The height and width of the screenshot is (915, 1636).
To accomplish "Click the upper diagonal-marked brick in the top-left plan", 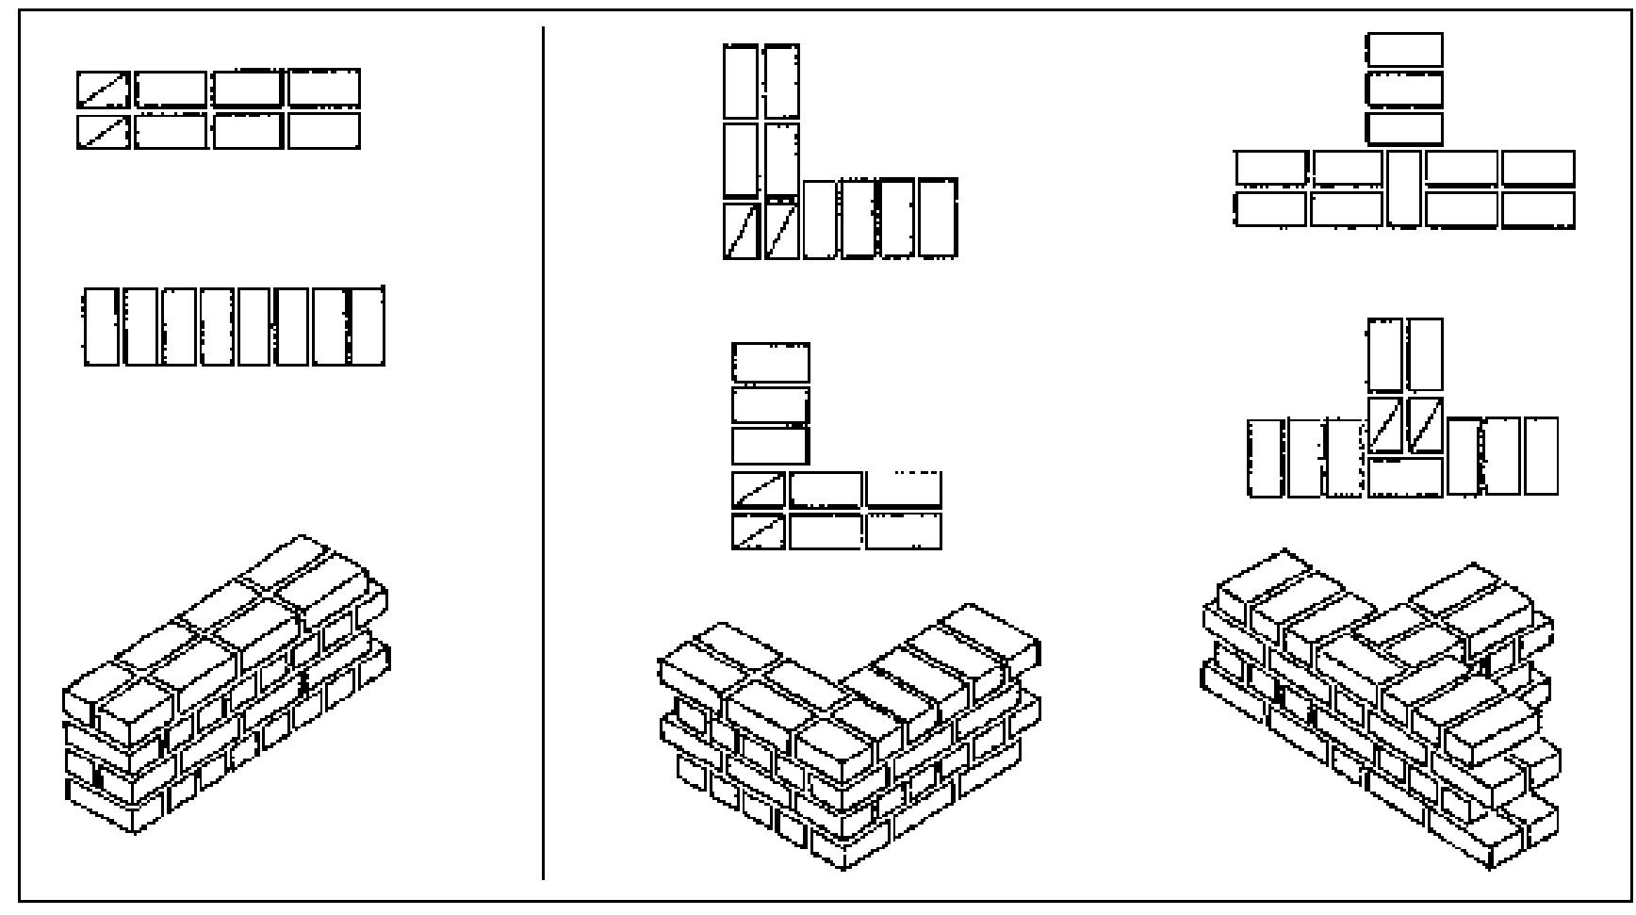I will click(x=104, y=90).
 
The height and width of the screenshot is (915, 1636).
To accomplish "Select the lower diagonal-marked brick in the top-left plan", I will click(x=104, y=131).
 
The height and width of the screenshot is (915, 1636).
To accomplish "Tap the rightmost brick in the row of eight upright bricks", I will click(x=367, y=327).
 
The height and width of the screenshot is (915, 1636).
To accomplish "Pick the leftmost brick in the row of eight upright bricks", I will click(x=101, y=327).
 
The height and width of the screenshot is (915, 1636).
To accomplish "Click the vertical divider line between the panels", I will click(x=543, y=452).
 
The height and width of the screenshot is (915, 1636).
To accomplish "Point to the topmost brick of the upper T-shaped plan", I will click(x=1404, y=50).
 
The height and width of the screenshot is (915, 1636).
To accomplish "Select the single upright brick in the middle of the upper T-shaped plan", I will click(x=1404, y=188).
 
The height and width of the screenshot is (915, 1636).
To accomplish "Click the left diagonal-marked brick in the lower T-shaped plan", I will click(x=1385, y=425).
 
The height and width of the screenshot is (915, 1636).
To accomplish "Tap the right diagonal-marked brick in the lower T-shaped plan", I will click(x=1425, y=425).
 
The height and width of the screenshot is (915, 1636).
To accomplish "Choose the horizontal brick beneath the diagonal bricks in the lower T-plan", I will click(x=1405, y=477).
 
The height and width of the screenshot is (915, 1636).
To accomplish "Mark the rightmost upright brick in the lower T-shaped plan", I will click(x=1541, y=456).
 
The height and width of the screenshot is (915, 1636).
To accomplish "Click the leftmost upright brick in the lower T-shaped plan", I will click(x=1267, y=458).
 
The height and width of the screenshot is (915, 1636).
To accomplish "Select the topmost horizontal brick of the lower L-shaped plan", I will click(x=770, y=363).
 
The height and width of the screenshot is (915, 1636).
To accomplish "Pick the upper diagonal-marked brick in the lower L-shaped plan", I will click(x=759, y=490).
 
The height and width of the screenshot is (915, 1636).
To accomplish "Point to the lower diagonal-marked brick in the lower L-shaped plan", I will click(x=759, y=531).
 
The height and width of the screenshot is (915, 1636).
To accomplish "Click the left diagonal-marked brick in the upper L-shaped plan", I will click(x=742, y=231).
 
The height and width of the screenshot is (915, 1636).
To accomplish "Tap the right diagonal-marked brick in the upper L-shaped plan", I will click(x=781, y=231).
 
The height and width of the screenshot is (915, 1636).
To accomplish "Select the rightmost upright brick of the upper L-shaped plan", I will click(x=938, y=218).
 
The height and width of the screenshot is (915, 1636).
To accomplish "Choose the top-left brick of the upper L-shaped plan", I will click(x=741, y=82).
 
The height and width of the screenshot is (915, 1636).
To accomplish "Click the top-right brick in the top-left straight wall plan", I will click(x=323, y=89).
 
